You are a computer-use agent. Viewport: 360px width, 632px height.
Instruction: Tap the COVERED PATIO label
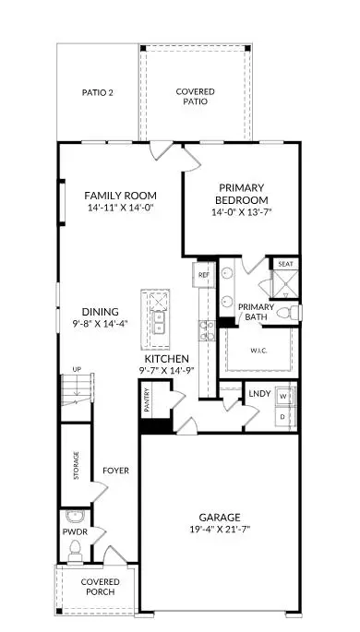click(195, 97)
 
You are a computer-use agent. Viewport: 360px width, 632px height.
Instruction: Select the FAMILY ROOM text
click(120, 196)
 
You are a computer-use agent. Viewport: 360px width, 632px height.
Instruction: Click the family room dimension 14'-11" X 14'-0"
click(120, 209)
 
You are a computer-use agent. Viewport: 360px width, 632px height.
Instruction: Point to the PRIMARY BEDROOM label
click(241, 194)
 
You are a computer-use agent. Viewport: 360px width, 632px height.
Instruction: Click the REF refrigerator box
click(203, 274)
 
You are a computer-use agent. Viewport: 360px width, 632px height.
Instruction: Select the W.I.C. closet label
click(258, 350)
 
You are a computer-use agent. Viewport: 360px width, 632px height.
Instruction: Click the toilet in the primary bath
click(292, 314)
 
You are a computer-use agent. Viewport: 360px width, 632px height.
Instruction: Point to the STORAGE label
click(77, 466)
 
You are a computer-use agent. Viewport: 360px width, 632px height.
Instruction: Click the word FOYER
click(115, 471)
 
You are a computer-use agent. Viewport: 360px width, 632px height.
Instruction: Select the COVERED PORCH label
click(98, 588)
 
